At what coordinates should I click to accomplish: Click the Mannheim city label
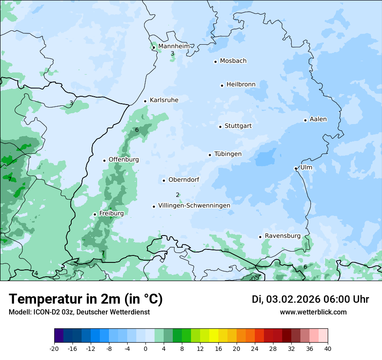coord(174,46)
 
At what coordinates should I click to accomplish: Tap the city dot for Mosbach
coord(215,62)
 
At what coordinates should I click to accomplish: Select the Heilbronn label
coord(241,84)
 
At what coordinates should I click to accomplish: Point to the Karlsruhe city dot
coord(145,101)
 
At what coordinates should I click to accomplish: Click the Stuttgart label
coord(238,126)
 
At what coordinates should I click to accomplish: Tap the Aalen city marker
coord(305,120)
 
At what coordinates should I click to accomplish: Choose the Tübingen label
coord(228,154)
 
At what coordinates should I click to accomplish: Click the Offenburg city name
coord(124,160)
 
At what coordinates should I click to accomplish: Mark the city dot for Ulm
coord(296,168)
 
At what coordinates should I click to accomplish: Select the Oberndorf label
coord(184,180)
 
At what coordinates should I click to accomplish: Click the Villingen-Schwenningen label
coord(194,205)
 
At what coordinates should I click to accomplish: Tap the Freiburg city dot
coord(95,214)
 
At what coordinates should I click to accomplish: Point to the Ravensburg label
coord(283,236)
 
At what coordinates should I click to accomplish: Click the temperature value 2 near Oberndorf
coord(178,195)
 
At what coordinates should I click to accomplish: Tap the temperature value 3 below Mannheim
coord(172,54)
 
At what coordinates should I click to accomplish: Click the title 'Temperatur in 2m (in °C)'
coord(86,299)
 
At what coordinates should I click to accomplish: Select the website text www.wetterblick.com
coord(313,312)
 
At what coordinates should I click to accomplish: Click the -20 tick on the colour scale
coord(54,348)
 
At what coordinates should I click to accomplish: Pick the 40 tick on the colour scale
coord(328,348)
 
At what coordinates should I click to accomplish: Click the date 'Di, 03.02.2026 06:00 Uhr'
coord(310,299)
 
